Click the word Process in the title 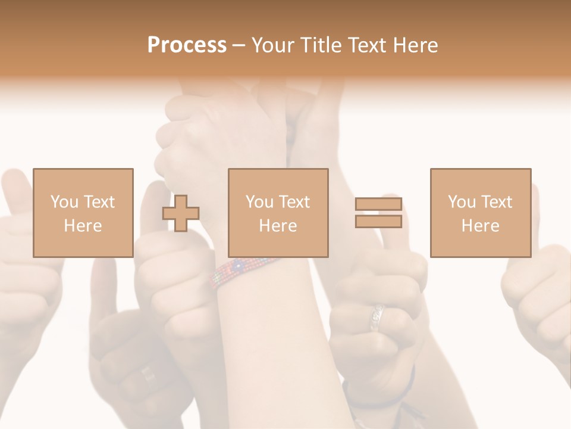click(187, 45)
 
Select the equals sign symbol click(378, 213)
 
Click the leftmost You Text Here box click(83, 213)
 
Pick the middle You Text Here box click(278, 213)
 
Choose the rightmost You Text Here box click(480, 213)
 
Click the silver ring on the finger click(377, 316)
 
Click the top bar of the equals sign click(378, 204)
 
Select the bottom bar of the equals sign click(378, 222)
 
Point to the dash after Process click(239, 45)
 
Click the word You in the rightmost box click(461, 202)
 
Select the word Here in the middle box click(278, 226)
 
